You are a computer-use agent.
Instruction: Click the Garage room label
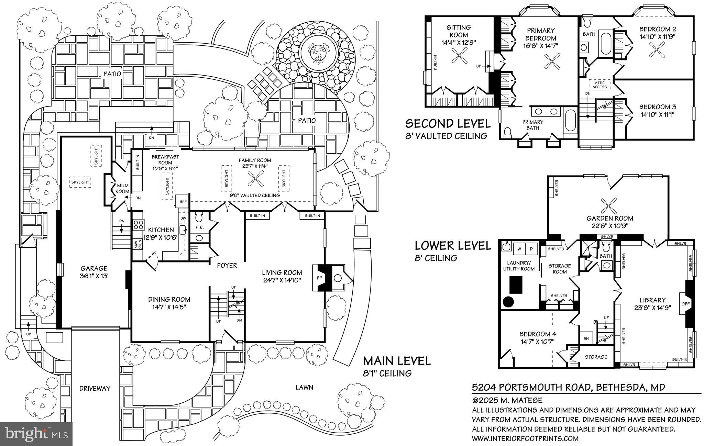[x=94, y=268]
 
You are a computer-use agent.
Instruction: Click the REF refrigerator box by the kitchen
[x=183, y=202]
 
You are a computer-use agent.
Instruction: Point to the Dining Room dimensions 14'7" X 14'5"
[x=169, y=307]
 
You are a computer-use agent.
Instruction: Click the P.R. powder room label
[x=199, y=227]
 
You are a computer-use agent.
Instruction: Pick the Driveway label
[x=95, y=389]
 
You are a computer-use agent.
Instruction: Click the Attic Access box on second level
[x=599, y=85]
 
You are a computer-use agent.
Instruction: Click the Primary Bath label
[x=533, y=125]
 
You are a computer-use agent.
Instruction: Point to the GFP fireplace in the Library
[x=685, y=304]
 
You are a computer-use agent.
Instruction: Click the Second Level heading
[x=448, y=123]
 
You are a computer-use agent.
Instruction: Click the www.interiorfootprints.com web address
[x=525, y=438]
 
